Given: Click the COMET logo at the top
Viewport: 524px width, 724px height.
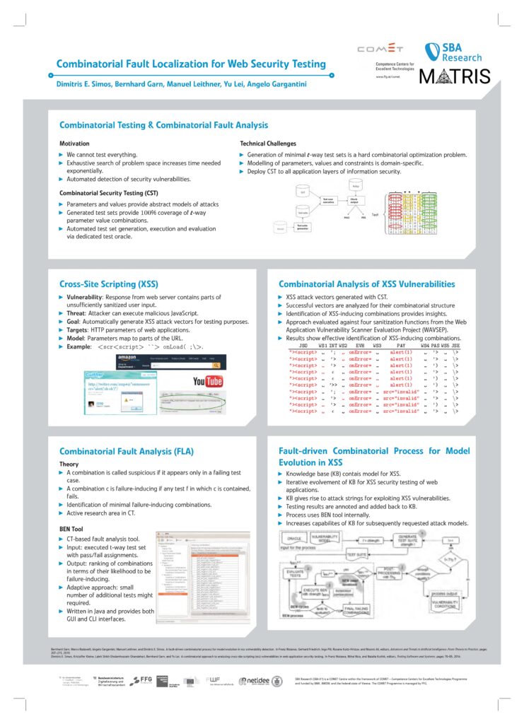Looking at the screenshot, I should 380,49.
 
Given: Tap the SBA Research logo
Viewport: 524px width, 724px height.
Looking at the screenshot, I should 453,52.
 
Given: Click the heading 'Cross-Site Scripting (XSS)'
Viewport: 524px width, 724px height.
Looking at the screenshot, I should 108,284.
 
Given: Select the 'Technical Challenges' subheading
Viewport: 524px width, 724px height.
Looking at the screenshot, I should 267,144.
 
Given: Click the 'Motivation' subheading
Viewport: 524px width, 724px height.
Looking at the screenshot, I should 74,144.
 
